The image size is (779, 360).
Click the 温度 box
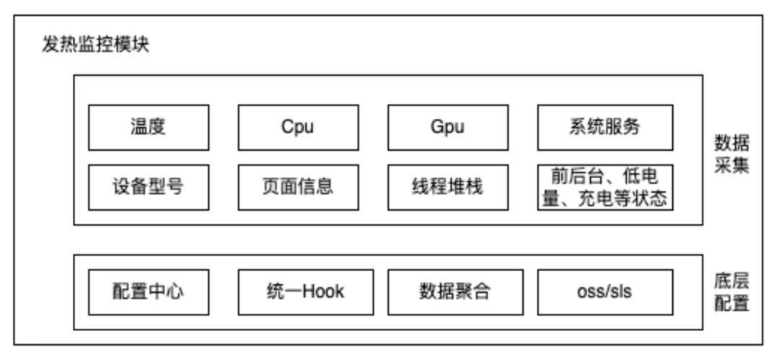click(149, 127)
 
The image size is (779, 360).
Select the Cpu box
click(298, 127)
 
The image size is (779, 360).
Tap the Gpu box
click(448, 127)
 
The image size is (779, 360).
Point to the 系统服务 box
click(604, 127)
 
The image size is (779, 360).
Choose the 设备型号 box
click(149, 187)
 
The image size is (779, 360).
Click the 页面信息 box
click(298, 187)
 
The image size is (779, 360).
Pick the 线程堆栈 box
click(448, 187)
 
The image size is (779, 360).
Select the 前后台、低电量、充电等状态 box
click(604, 187)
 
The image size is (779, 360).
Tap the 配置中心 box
click(149, 292)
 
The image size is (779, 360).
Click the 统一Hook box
click(305, 292)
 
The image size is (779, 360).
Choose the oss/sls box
click(604, 292)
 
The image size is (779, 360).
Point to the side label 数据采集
click(731, 153)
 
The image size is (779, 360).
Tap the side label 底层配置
click(731, 291)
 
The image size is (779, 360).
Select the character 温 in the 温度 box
click(139, 127)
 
